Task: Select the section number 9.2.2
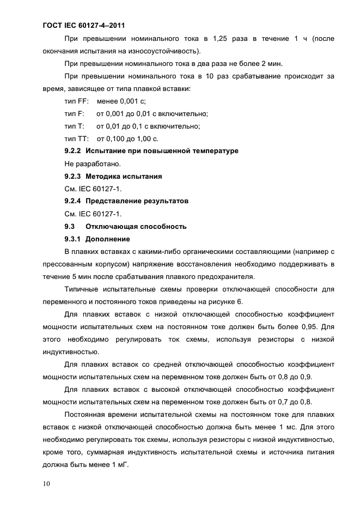click(72, 151)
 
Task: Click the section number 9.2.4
click(72, 201)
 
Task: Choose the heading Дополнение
click(107, 239)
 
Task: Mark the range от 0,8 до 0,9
click(289, 377)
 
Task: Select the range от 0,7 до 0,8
click(289, 402)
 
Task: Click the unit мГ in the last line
click(121, 465)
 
